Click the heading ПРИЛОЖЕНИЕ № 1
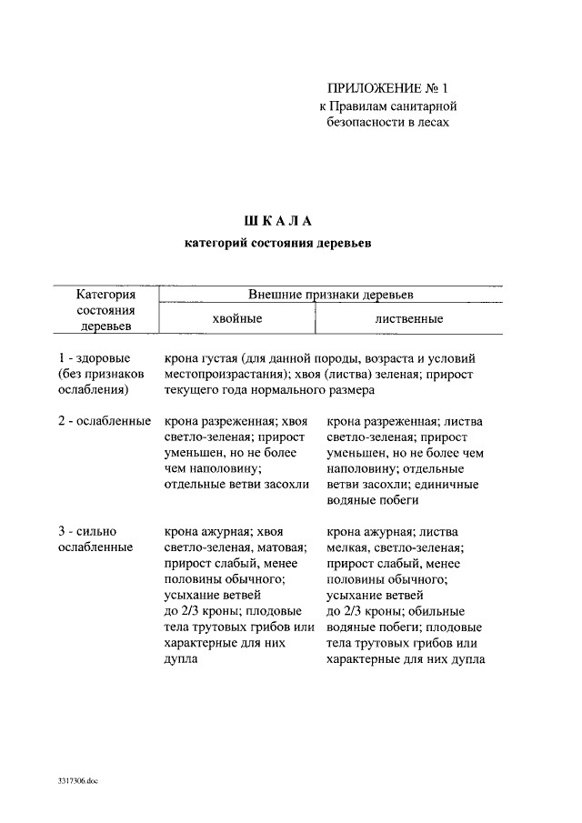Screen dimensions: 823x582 (388, 88)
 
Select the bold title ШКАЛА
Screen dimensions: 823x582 (278, 221)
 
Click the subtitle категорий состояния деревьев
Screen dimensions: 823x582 (278, 243)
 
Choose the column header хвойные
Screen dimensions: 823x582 (236, 319)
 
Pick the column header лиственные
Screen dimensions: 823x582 (408, 319)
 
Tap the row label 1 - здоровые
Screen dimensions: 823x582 (94, 358)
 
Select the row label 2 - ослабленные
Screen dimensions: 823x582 (104, 422)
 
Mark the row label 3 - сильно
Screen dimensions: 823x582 (87, 531)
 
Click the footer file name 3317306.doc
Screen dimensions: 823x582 (75, 782)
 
